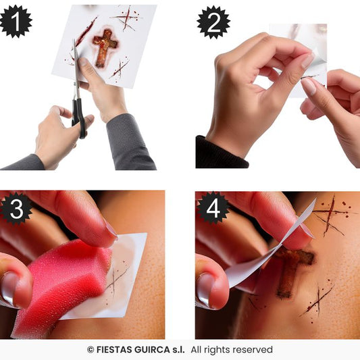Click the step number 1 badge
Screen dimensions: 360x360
click(x=16, y=21)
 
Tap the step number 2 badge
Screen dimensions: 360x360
click(x=213, y=22)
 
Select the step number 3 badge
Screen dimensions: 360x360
click(x=16, y=209)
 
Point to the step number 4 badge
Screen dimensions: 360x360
click(x=213, y=208)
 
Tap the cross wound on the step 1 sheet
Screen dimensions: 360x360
click(x=105, y=47)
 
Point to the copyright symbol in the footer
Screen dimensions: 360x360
click(x=91, y=350)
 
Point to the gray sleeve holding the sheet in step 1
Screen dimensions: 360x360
click(x=129, y=143)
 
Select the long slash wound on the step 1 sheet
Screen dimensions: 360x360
click(x=86, y=32)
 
